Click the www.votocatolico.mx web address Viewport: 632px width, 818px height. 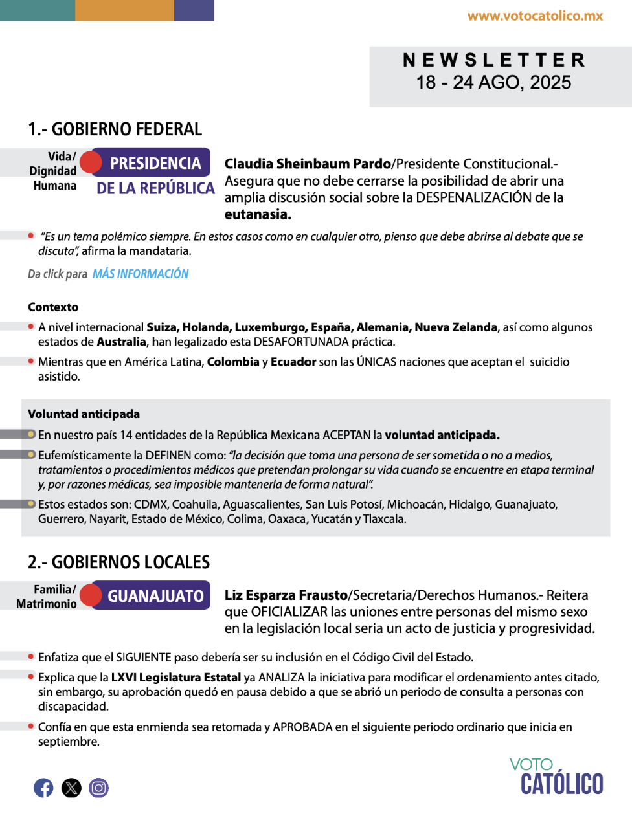point(535,16)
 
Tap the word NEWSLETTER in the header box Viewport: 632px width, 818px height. point(495,60)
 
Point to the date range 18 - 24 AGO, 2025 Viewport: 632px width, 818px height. point(493,83)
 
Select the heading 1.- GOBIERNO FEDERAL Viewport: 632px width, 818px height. point(115,129)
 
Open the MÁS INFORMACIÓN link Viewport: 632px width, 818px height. point(141,274)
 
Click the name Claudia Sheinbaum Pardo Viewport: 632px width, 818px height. point(308,164)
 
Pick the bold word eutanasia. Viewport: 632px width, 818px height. point(258,214)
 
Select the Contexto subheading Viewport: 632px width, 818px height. point(53,307)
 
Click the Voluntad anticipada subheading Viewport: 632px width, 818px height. point(84,414)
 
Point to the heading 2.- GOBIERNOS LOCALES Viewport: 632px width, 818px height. point(119,562)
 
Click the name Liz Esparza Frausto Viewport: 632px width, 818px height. point(286,595)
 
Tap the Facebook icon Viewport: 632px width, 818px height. point(43,788)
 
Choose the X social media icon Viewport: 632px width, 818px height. point(71,788)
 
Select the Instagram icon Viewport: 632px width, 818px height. point(98,788)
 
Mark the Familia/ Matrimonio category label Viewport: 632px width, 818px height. point(47,597)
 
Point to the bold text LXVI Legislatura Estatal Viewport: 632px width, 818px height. point(175,678)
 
